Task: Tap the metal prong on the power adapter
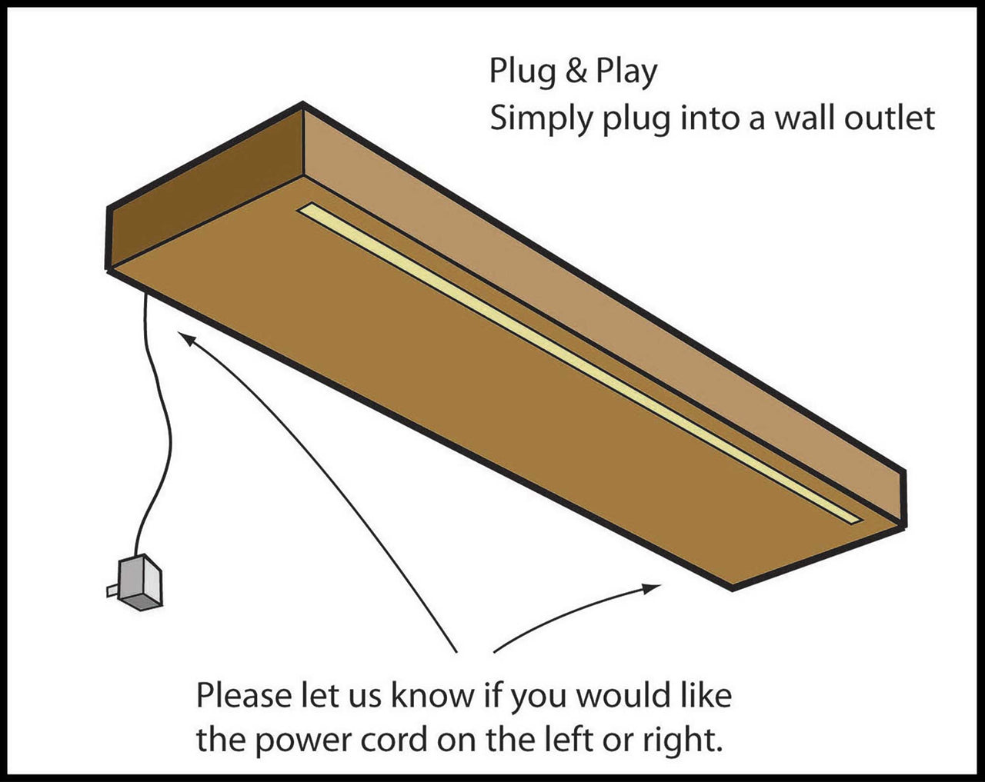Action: pos(112,591)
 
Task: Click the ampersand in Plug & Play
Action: pos(573,71)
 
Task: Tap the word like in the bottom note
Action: pos(705,695)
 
